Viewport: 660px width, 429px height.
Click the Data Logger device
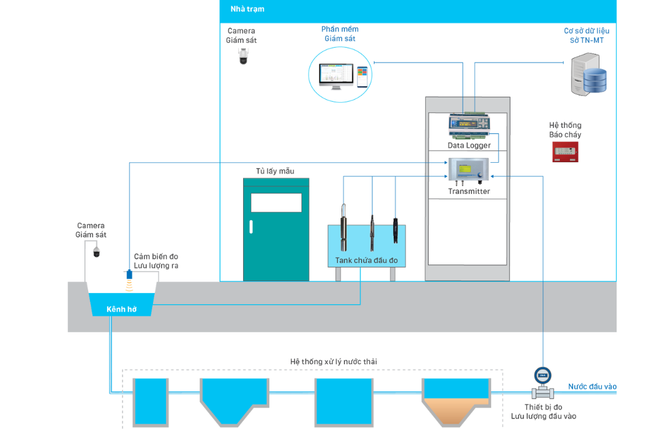click(x=468, y=126)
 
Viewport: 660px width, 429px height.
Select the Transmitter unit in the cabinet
click(x=468, y=170)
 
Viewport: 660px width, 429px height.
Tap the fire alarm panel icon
click(x=565, y=152)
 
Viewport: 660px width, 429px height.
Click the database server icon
click(x=588, y=75)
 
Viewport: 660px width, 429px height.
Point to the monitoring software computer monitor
click(x=336, y=75)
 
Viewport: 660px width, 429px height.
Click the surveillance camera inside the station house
click(x=243, y=56)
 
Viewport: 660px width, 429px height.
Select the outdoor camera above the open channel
click(x=96, y=251)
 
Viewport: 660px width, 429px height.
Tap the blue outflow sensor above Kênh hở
click(x=129, y=274)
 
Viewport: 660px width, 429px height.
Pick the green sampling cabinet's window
click(x=276, y=203)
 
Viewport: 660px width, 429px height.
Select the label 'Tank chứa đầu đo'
click(x=366, y=261)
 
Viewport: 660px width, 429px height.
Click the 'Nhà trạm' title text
click(x=247, y=9)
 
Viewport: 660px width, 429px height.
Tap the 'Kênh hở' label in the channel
click(x=121, y=310)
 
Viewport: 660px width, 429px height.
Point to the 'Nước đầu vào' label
click(x=592, y=387)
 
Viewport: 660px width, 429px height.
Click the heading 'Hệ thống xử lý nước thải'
click(x=334, y=362)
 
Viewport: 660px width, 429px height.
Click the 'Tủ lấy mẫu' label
click(x=275, y=171)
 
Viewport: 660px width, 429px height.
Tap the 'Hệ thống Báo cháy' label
click(x=565, y=130)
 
